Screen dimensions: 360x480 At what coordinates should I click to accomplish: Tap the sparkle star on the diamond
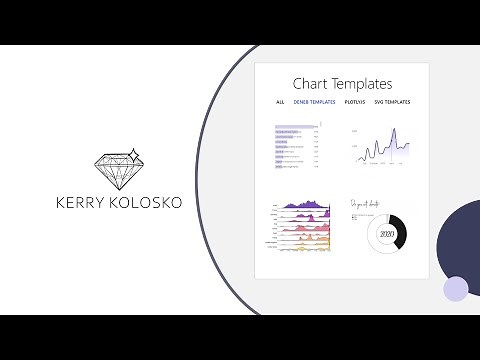[x=135, y=154]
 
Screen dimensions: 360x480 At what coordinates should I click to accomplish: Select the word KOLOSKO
[x=147, y=203]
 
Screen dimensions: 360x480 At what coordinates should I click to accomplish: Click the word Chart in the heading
[x=310, y=85]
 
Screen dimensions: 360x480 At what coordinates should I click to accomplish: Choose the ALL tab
[x=280, y=102]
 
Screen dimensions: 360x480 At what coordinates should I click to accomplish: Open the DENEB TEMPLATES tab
[x=314, y=102]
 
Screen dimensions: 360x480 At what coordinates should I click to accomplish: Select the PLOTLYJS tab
[x=354, y=102]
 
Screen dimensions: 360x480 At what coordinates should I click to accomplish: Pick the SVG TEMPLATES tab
[x=392, y=102]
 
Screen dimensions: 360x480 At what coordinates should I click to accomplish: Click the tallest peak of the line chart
[x=394, y=130]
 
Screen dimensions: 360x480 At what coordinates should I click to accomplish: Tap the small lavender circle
[x=455, y=288]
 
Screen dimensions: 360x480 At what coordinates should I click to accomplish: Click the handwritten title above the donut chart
[x=368, y=205]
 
